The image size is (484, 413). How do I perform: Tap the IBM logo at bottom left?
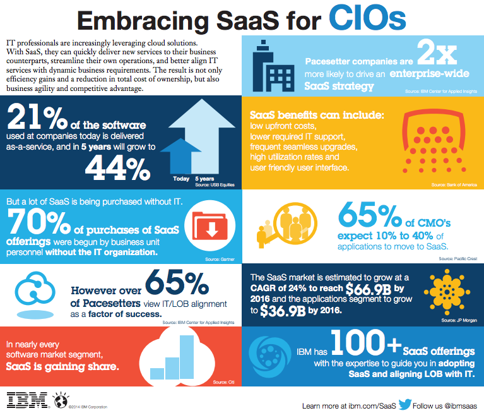(25, 400)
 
